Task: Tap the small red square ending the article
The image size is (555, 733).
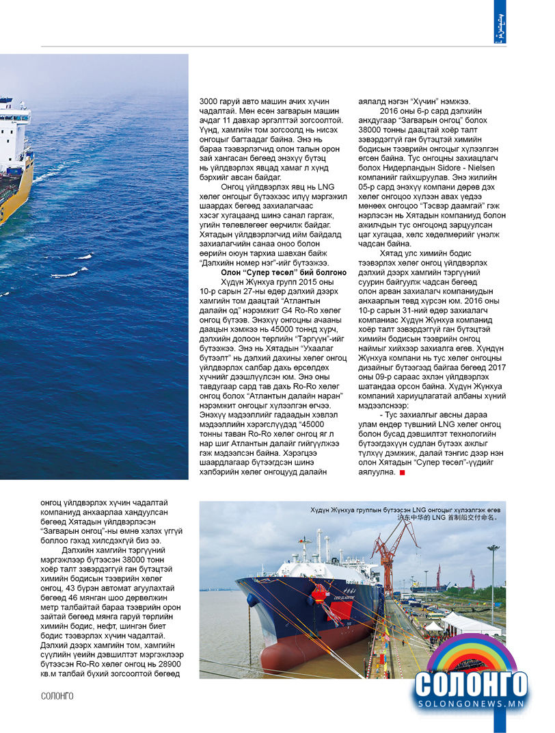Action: [403, 472]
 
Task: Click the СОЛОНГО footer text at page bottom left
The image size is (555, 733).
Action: [57, 696]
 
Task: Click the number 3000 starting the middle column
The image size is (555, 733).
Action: [211, 98]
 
